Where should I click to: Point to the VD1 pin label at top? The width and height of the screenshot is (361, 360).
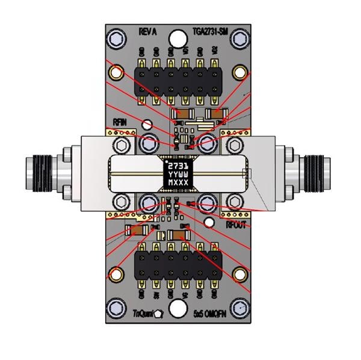tap(186, 51)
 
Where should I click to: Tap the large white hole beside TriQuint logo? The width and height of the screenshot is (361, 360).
tap(178, 309)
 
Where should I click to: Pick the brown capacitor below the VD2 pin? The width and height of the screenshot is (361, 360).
tap(216, 113)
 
